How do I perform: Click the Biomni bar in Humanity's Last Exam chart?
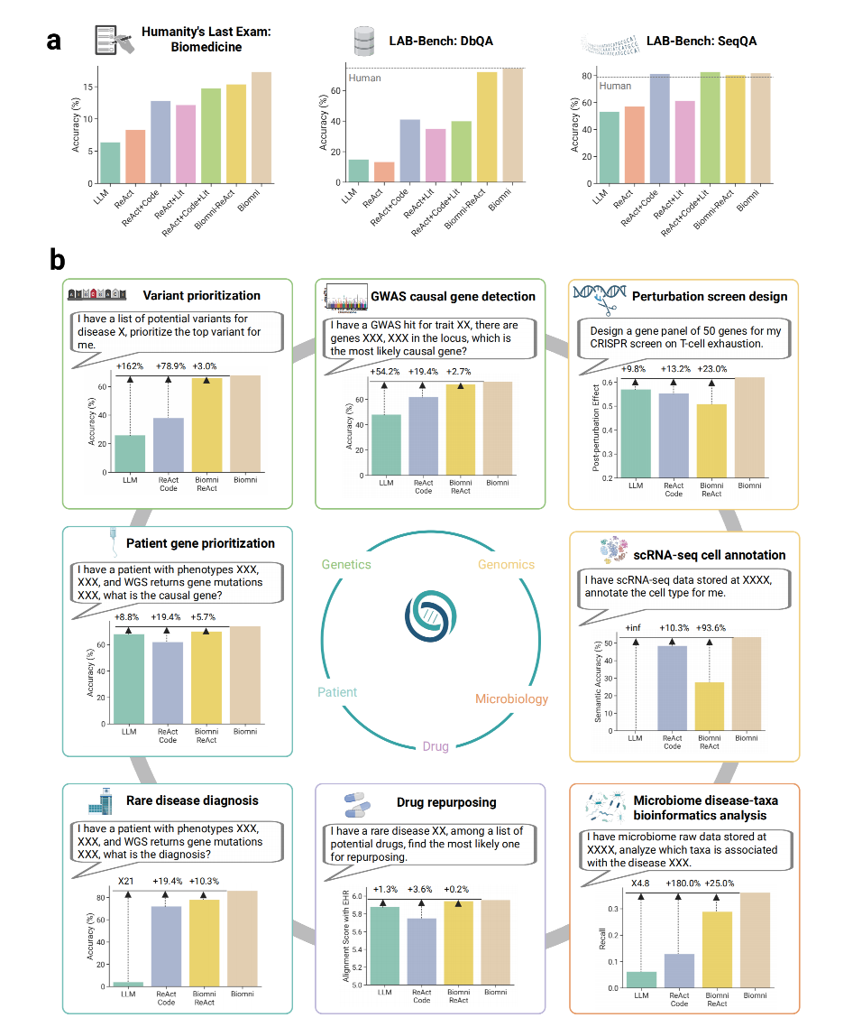(261, 128)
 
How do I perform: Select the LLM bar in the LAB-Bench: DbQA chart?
(358, 171)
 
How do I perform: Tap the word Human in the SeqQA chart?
(615, 86)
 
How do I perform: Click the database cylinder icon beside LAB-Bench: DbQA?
(364, 41)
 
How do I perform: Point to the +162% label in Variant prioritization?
(130, 366)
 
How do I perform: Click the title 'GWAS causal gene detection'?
(453, 297)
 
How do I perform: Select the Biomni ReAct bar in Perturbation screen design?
(711, 440)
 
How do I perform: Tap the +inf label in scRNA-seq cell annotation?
(633, 627)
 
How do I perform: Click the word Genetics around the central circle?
(346, 565)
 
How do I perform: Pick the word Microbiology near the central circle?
(512, 699)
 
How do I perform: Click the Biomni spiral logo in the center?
(430, 615)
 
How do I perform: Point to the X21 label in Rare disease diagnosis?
(125, 881)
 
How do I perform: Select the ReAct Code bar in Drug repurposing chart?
(422, 951)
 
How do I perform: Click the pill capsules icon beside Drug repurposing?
(357, 805)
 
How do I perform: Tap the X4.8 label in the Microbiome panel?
(640, 883)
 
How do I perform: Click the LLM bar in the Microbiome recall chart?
(641, 980)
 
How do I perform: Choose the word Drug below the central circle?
(436, 746)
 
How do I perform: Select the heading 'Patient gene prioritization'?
(200, 543)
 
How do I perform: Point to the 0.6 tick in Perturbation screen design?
(607, 383)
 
